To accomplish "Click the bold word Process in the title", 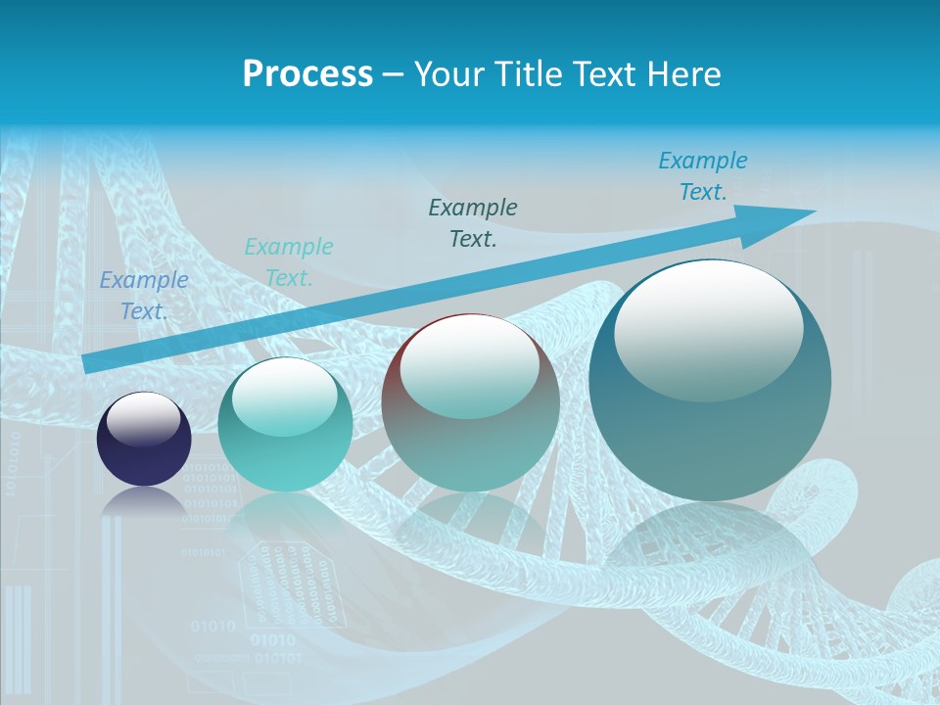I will click(x=307, y=74).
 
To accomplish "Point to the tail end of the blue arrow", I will click(x=86, y=363).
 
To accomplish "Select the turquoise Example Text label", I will click(x=289, y=261).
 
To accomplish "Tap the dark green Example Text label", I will click(x=473, y=222).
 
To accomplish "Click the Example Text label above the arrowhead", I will click(x=703, y=176).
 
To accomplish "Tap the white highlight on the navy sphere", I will click(x=144, y=419).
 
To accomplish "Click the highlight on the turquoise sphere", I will click(x=284, y=397).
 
